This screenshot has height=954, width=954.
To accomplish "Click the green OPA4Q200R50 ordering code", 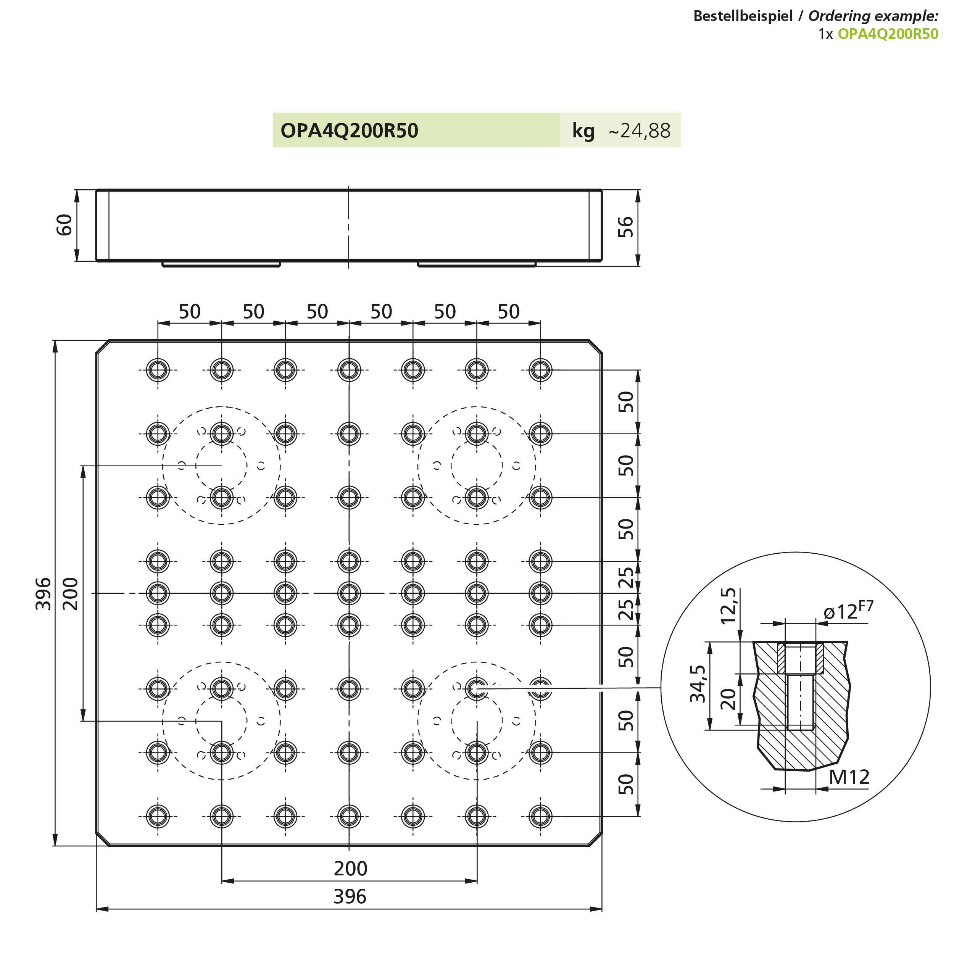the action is pyautogui.click(x=888, y=34).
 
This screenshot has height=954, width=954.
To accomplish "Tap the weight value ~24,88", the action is pyautogui.click(x=640, y=131).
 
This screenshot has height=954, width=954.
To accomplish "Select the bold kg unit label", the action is pyautogui.click(x=583, y=131).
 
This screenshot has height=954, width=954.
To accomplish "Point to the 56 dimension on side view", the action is pyautogui.click(x=625, y=227).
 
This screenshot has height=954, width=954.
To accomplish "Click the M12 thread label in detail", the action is pyautogui.click(x=849, y=777).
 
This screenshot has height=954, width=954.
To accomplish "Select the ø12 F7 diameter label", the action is pyautogui.click(x=848, y=611).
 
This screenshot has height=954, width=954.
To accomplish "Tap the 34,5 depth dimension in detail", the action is pyautogui.click(x=698, y=684).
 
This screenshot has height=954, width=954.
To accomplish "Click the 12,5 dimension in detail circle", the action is pyautogui.click(x=728, y=606).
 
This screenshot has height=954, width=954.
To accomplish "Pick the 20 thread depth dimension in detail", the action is pyautogui.click(x=728, y=699).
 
